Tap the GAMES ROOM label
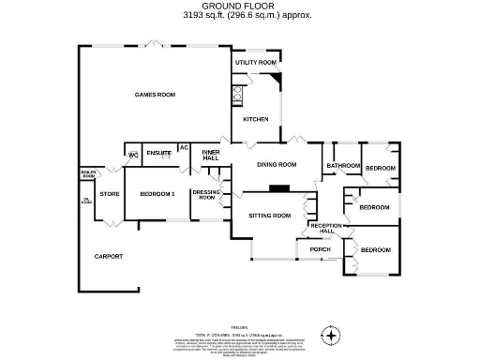[156, 95]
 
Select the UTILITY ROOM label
[256, 62]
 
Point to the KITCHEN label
[256, 119]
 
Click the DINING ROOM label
[277, 164]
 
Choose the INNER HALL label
[210, 155]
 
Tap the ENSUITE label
[158, 153]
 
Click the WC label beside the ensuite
[133, 154]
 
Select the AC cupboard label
[184, 147]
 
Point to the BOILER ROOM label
[89, 173]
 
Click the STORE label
[110, 194]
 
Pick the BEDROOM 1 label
[157, 194]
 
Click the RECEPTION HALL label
[326, 229]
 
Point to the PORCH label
[320, 249]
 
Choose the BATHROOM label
[343, 166]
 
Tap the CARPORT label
[109, 256]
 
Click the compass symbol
[329, 334]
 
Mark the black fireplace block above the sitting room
[277, 187]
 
